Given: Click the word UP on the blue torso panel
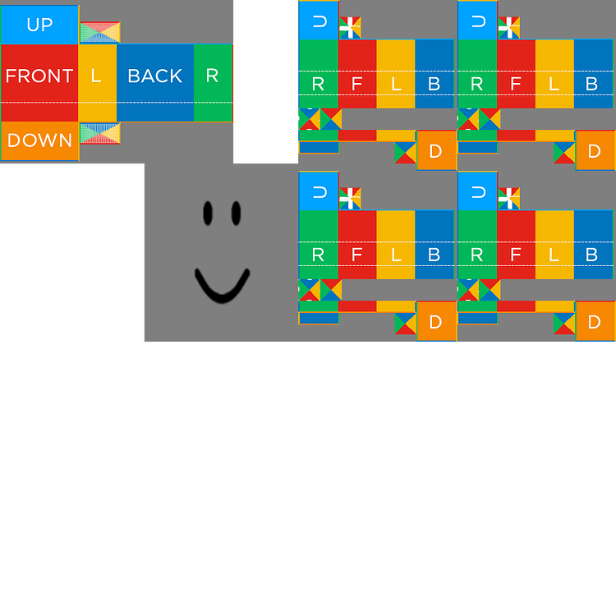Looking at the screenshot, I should pyautogui.click(x=39, y=25).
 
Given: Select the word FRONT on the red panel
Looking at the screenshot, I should pyautogui.click(x=39, y=76).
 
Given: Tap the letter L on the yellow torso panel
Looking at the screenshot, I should pyautogui.click(x=96, y=76).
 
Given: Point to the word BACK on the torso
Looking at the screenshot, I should pyautogui.click(x=154, y=76).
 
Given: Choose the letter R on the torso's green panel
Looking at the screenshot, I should pyautogui.click(x=212, y=76).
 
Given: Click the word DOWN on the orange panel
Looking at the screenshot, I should pyautogui.click(x=39, y=140).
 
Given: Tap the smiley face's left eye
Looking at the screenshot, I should pyautogui.click(x=208, y=214).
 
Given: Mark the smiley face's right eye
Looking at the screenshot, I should pyautogui.click(x=237, y=214).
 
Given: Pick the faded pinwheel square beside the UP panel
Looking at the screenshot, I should pyautogui.click(x=100, y=33).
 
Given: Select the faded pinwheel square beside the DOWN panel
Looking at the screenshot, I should pyautogui.click(x=100, y=133).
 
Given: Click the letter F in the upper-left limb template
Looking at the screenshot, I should pyautogui.click(x=356, y=84).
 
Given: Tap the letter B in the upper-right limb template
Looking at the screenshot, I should pyautogui.click(x=591, y=84).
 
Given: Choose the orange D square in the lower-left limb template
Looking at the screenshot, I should pyautogui.click(x=435, y=321).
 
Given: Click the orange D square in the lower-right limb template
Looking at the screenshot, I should pyautogui.click(x=595, y=321).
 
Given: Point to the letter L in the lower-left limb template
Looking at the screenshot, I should pyautogui.click(x=395, y=255).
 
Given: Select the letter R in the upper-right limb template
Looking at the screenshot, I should pyautogui.click(x=477, y=84).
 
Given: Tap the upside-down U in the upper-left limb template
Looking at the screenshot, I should pyautogui.click(x=319, y=22).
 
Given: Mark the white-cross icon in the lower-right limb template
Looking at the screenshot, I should pyautogui.click(x=509, y=198).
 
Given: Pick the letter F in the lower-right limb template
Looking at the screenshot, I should pyautogui.click(x=516, y=255).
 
